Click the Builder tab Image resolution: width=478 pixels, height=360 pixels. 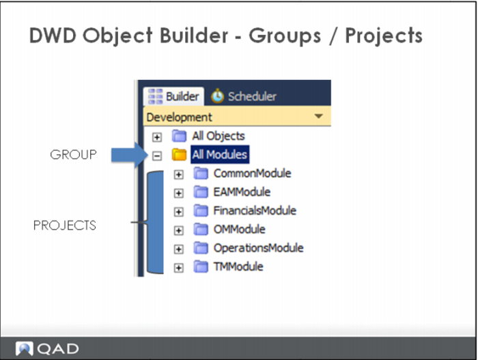[x=173, y=96]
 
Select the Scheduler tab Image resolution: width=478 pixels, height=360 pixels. [x=244, y=96]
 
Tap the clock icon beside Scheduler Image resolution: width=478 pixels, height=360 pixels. [x=217, y=96]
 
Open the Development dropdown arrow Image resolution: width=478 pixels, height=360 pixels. [x=319, y=116]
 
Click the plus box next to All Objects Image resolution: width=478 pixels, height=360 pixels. [x=156, y=137]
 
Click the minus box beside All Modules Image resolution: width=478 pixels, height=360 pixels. [x=156, y=156]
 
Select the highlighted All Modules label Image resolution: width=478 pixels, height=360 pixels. [x=219, y=154]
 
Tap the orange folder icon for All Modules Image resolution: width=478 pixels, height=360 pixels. [x=179, y=154]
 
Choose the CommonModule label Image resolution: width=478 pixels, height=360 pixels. [x=252, y=174]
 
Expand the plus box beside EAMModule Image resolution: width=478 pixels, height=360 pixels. [x=179, y=193]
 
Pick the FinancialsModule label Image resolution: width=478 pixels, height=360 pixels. [x=255, y=210]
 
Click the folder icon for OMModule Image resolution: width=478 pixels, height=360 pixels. [x=201, y=229]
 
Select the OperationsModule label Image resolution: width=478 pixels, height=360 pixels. [x=259, y=248]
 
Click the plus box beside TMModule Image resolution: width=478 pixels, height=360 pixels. [x=179, y=268]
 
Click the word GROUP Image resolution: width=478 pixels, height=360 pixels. [x=74, y=154]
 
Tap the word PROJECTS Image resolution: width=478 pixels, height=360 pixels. [x=65, y=225]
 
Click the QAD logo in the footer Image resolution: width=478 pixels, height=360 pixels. [x=47, y=348]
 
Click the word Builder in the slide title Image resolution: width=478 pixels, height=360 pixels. [x=194, y=36]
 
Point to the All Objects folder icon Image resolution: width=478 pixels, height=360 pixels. [x=179, y=136]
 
